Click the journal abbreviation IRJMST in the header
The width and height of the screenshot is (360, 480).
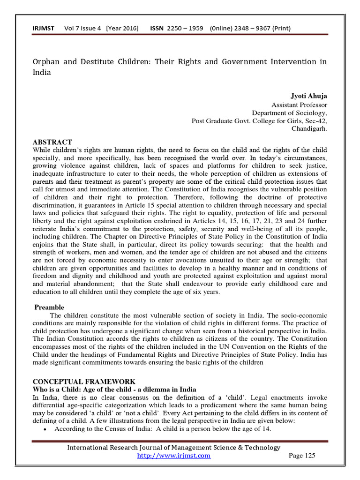(43, 29)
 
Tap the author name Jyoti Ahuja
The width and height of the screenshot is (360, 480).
(308, 96)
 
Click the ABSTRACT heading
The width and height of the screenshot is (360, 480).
(52, 142)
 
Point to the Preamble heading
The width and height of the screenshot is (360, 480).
(49, 307)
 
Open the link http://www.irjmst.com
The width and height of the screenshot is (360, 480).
(173, 456)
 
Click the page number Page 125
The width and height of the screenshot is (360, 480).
(302, 456)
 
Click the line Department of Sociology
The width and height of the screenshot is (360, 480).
(289, 112)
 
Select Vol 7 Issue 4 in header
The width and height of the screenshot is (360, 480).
(83, 29)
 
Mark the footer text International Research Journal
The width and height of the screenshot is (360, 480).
(174, 448)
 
